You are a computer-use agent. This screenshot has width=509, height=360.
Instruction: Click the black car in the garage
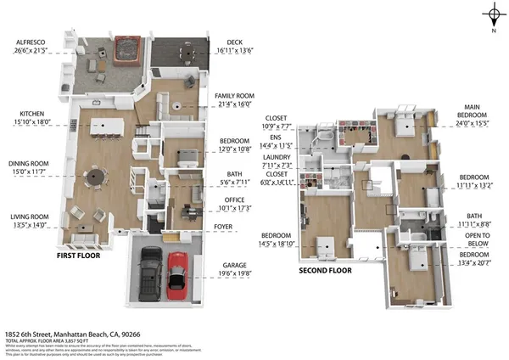[151, 269]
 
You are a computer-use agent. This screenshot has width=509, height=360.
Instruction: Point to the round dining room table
[95, 177]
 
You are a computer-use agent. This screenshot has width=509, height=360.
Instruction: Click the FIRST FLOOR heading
[81, 254]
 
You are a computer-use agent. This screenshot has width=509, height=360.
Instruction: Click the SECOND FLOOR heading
[325, 271]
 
